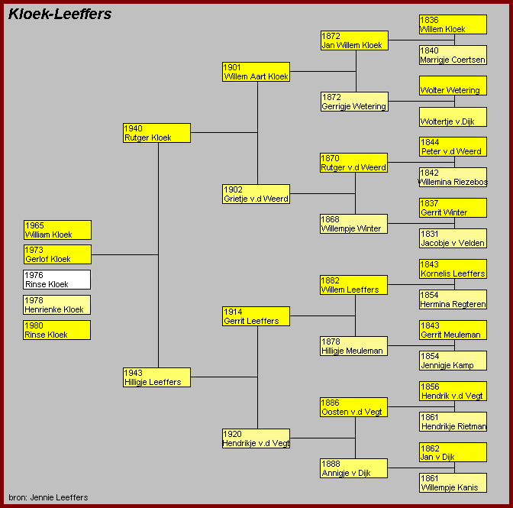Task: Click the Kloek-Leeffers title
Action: click(60, 14)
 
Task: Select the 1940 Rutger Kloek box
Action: click(156, 133)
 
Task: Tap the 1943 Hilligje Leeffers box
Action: click(156, 377)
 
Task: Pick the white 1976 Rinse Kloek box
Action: click(57, 280)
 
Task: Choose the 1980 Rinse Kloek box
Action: click(57, 330)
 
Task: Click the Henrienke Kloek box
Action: click(57, 305)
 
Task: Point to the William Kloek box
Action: click(57, 230)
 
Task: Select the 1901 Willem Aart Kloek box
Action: click(256, 72)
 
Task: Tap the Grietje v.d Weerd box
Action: click(256, 194)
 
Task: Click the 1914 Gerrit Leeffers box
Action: click(256, 316)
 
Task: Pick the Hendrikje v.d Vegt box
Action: click(256, 438)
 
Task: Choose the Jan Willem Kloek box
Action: click(355, 40)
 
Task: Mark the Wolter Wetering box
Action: click(453, 86)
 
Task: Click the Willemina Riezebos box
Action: click(453, 177)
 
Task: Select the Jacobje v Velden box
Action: click(453, 238)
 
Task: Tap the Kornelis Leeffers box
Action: click(453, 269)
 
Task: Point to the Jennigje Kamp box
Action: click(453, 361)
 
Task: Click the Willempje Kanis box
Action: click(453, 483)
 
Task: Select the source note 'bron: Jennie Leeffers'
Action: click(48, 497)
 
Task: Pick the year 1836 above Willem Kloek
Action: click(429, 20)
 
